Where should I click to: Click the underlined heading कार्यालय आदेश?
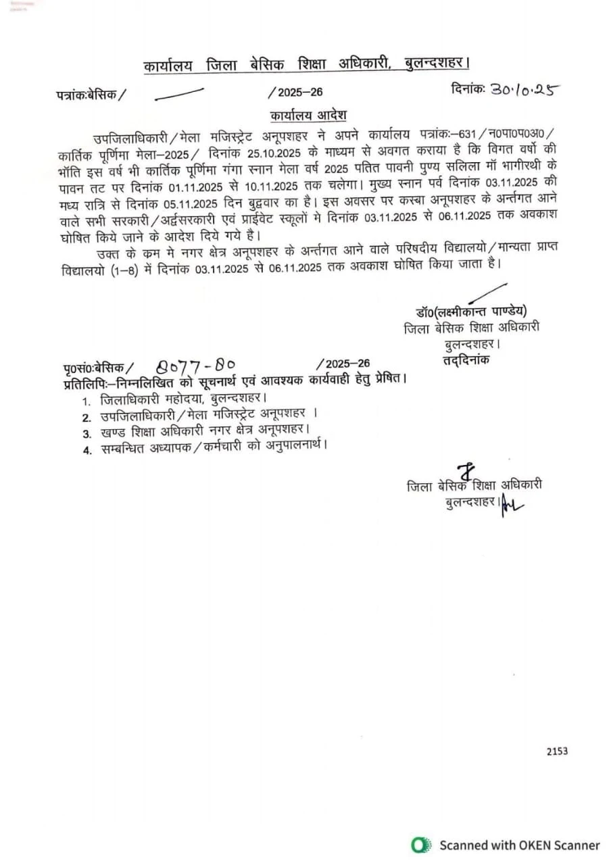[308, 115]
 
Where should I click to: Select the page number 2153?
[558, 751]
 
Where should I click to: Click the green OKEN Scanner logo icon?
[422, 845]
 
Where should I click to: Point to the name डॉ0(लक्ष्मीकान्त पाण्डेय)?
[471, 312]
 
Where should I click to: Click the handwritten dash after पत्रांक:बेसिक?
[179, 94]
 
